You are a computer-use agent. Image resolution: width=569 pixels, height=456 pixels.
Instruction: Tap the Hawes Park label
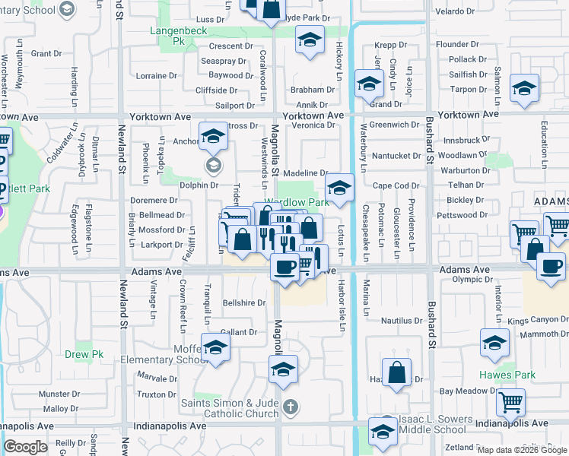[x=507, y=375]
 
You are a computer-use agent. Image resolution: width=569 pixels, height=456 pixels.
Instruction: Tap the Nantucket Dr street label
[x=396, y=155]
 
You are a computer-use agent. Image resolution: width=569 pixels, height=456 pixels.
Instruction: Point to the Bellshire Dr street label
[x=244, y=302]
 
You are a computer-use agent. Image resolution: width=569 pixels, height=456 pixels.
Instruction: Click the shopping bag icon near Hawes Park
[x=397, y=373]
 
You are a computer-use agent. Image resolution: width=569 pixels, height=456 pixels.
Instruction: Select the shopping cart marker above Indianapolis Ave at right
[x=510, y=401]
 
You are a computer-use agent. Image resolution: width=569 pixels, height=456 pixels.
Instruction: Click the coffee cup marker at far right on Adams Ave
[x=551, y=266]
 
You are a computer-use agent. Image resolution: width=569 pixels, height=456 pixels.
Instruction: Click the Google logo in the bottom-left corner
[x=25, y=447]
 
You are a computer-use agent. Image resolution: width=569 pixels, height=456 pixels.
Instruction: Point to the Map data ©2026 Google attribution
[x=523, y=450]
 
